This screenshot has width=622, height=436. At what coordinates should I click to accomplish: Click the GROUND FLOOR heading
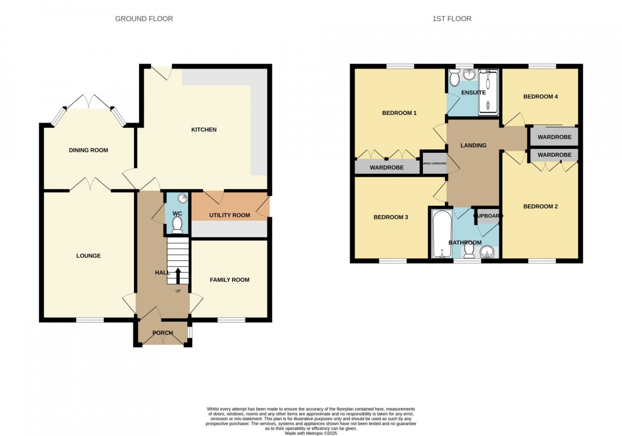click(x=144, y=19)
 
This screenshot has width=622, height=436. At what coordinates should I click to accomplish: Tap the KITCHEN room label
click(x=204, y=130)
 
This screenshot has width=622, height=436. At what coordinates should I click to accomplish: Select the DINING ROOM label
click(x=88, y=150)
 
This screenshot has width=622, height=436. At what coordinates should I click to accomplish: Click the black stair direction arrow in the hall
click(x=178, y=276)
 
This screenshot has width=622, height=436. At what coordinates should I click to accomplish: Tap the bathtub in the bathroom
click(x=439, y=233)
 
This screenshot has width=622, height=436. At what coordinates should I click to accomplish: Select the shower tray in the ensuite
click(x=489, y=92)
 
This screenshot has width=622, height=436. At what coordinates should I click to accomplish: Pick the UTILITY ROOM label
click(x=230, y=215)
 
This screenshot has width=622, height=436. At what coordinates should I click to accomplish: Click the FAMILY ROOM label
click(x=230, y=280)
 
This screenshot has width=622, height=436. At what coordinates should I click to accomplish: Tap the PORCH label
click(x=162, y=332)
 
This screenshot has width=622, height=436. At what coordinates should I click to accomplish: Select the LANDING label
click(x=473, y=146)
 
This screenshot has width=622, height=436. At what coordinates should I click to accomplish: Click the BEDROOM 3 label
click(x=391, y=217)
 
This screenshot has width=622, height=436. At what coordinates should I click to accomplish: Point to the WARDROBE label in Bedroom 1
click(x=387, y=168)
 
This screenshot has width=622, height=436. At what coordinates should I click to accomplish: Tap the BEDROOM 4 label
click(x=541, y=97)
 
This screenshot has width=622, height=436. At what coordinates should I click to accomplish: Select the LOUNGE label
click(x=89, y=256)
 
